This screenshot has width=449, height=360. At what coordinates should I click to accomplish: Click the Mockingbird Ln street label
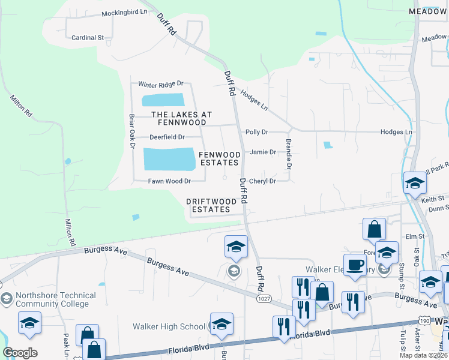(x=124, y=13)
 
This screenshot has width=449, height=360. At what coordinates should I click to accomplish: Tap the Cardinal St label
(x=88, y=37)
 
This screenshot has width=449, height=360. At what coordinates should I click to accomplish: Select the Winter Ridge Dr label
(x=160, y=85)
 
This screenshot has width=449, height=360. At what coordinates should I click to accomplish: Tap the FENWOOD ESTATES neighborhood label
(x=220, y=159)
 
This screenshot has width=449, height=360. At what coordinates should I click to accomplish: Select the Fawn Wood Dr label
(x=169, y=181)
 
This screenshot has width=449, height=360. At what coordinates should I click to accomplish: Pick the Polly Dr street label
(x=256, y=132)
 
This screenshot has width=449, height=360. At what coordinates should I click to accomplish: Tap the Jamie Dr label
(x=263, y=152)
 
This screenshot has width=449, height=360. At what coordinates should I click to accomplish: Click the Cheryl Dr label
(x=262, y=181)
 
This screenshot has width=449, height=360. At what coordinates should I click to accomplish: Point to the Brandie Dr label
(x=289, y=154)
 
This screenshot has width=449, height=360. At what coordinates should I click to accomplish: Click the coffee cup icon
(x=355, y=265)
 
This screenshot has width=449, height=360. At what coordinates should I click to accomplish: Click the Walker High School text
(x=169, y=326)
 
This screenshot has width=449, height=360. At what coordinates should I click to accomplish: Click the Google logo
(x=20, y=353)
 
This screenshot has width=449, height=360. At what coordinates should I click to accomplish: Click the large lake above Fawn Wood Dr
(x=169, y=159)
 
